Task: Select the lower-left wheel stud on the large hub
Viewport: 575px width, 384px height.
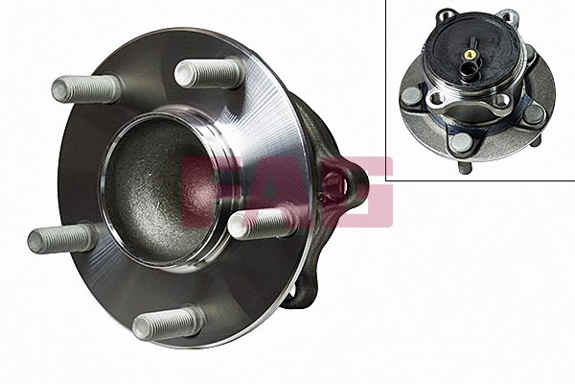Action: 62,236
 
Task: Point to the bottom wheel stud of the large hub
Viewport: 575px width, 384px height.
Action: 169,323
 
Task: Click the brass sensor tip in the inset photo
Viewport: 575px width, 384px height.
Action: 471,55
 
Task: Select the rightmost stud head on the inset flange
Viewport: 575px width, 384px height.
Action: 534,114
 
